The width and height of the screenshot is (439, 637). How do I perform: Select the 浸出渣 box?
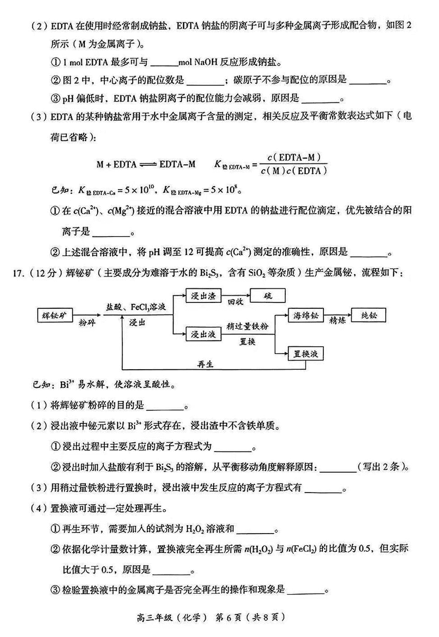pos(204,296)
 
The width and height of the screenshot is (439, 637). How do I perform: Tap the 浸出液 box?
pos(204,335)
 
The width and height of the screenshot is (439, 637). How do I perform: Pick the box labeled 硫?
pos(267,296)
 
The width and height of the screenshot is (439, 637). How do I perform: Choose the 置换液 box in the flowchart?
pos(306,353)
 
